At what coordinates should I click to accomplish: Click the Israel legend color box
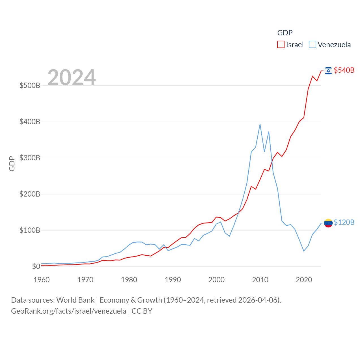(281, 45)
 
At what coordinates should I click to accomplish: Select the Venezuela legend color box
(312, 45)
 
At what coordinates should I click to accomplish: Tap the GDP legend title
(285, 33)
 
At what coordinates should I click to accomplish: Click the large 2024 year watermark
(72, 77)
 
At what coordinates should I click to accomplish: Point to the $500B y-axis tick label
(30, 85)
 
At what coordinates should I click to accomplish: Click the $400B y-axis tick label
(30, 122)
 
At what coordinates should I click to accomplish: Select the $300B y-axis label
(30, 158)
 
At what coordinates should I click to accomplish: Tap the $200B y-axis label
(30, 194)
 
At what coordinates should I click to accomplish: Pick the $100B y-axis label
(30, 230)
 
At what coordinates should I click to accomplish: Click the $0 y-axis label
(36, 266)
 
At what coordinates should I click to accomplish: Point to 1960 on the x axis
(42, 280)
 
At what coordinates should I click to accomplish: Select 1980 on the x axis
(129, 280)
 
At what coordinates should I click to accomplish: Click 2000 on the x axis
(216, 280)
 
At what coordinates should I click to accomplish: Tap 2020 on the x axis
(304, 280)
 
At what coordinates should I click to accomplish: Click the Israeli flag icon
(328, 70)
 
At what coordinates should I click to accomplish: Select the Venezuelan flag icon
(328, 223)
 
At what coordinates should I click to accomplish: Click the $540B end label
(344, 70)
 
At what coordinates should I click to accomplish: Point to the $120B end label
(344, 222)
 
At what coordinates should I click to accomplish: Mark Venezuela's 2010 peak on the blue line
(260, 124)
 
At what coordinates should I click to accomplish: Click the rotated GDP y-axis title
(12, 163)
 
